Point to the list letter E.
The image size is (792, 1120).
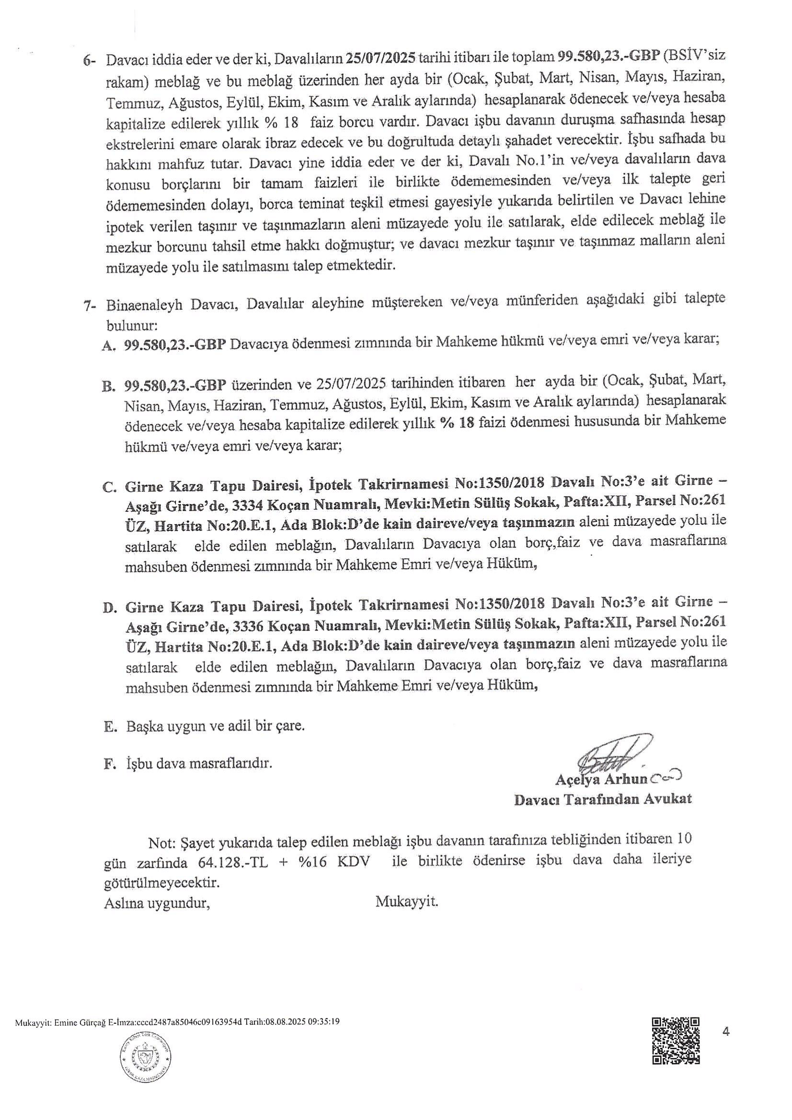109,727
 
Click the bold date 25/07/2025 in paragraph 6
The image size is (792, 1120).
380,59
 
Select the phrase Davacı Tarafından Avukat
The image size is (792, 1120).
603,801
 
